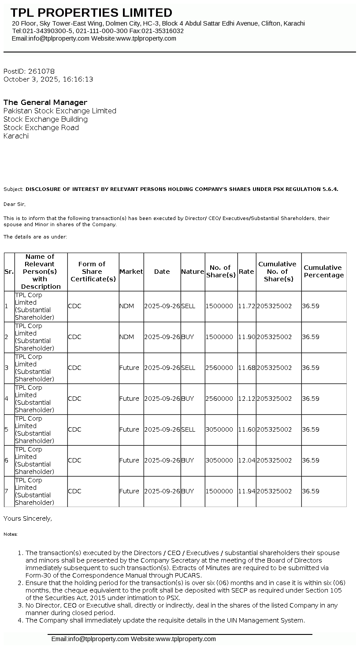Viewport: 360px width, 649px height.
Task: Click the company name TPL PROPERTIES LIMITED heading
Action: [x=91, y=12]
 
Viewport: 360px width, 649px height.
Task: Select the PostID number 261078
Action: [x=41, y=71]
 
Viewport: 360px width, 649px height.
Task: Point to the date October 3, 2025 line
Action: [x=48, y=79]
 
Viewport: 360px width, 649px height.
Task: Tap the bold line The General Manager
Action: [x=45, y=102]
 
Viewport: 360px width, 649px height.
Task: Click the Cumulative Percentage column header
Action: [x=323, y=271]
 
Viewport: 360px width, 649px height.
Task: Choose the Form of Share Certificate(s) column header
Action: [x=93, y=271]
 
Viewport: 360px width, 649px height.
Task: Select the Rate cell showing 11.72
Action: [x=246, y=306]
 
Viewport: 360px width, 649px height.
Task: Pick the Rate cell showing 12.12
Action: [x=246, y=399]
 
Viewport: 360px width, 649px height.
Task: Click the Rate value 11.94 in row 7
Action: [x=246, y=491]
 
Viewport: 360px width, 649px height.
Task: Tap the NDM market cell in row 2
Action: [x=126, y=337]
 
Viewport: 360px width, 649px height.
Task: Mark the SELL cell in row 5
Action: [x=188, y=429]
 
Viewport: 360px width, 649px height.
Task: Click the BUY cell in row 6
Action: [x=187, y=460]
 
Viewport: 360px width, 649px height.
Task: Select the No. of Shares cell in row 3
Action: [x=219, y=368]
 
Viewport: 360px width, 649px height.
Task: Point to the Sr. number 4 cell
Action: [x=6, y=399]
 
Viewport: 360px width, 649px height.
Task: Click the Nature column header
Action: [x=193, y=272]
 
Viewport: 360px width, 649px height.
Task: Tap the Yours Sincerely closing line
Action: [x=28, y=518]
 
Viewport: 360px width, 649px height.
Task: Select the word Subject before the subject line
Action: [x=13, y=189]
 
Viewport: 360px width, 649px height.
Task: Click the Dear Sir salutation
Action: [x=15, y=204]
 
